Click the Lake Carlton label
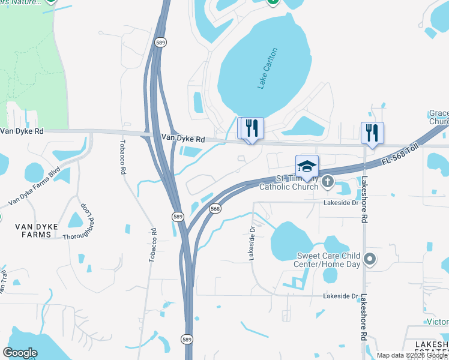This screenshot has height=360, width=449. pyautogui.click(x=268, y=68)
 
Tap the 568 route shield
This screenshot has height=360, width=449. pyautogui.click(x=215, y=208)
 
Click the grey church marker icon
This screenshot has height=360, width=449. pyautogui.click(x=328, y=181)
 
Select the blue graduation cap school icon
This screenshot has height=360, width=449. pyautogui.click(x=307, y=166)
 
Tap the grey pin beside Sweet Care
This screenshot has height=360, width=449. pyautogui.click(x=370, y=259)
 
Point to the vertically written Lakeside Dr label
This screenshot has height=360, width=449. pyautogui.click(x=252, y=242)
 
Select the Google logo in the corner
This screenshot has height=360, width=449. pyautogui.click(x=20, y=353)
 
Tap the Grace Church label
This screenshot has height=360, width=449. pyautogui.click(x=438, y=118)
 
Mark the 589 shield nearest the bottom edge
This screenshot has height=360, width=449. pyautogui.click(x=187, y=340)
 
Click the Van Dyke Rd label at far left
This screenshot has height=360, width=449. pyautogui.click(x=22, y=130)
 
